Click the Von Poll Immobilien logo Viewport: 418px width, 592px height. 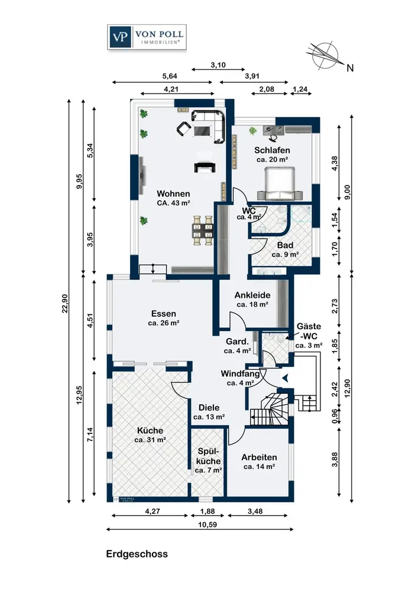coord(147,37)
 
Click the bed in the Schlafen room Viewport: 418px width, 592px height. coord(280,184)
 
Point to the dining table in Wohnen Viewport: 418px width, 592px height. coord(203,230)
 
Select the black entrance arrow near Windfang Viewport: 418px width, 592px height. coord(285,377)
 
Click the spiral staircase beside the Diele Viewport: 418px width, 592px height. coord(269,409)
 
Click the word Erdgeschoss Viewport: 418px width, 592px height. coord(137,554)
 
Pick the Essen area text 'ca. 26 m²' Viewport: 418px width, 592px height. coord(164,323)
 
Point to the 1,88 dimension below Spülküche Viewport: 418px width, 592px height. coord(208,511)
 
